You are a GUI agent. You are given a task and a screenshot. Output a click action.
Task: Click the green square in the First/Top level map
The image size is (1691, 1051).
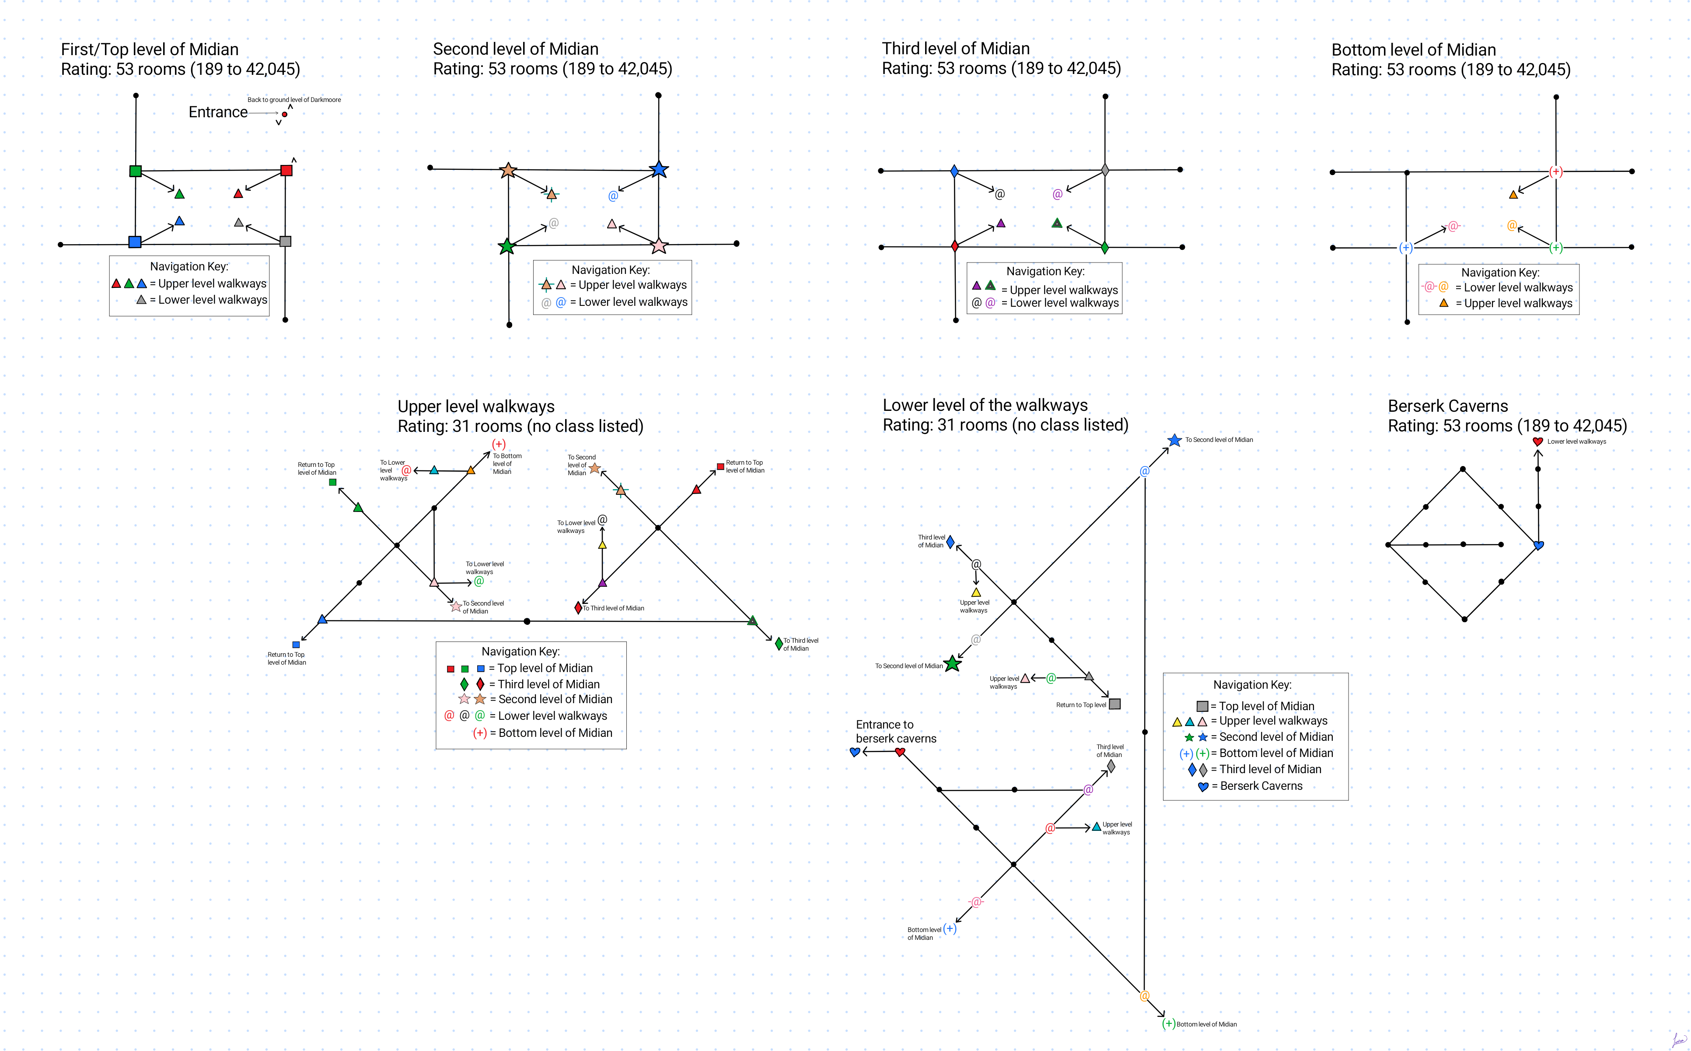[x=136, y=171]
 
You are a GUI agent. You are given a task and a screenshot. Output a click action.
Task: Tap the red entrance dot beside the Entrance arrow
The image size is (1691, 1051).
[x=285, y=114]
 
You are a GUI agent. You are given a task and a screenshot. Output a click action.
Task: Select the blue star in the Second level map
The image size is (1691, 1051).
[x=659, y=169]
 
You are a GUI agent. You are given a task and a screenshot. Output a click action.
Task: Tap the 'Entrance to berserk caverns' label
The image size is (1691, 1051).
[x=895, y=731]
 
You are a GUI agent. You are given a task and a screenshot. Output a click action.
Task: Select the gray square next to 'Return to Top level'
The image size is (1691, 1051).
[x=1115, y=704]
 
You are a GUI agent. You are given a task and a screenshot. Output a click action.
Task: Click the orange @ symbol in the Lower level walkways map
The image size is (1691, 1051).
[x=1144, y=995]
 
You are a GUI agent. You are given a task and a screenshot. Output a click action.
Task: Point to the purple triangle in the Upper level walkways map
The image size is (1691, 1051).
[x=602, y=582]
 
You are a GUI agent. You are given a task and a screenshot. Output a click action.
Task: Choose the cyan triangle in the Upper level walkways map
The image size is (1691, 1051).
[x=434, y=470]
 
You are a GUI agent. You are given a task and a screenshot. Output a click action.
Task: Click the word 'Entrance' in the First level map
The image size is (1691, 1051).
[x=217, y=112]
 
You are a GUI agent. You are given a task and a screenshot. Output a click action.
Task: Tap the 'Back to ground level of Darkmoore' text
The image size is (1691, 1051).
[x=294, y=99]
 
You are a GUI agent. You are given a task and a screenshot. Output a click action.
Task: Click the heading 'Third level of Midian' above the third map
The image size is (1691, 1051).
[x=955, y=48]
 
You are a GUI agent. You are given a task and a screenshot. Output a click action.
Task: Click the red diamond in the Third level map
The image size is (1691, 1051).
[x=954, y=245]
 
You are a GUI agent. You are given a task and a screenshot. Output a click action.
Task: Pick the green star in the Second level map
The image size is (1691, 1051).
[x=507, y=246]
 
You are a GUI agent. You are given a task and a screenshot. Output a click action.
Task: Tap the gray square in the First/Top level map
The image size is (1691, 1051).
[x=285, y=241]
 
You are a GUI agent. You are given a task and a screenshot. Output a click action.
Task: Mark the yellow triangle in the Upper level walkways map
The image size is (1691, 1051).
[x=602, y=545]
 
